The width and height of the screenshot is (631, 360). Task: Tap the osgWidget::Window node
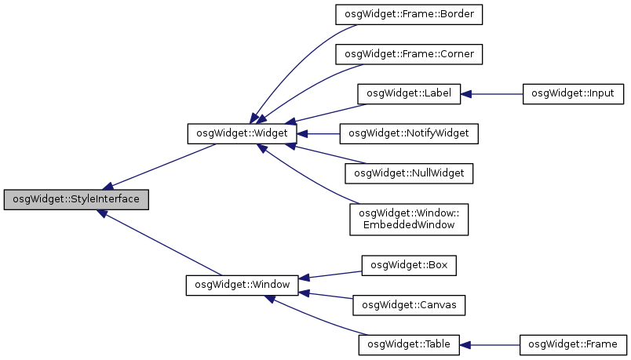pos(242,284)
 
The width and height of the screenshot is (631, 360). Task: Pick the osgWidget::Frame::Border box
pos(408,14)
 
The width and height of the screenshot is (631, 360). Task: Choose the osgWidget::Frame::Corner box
pos(408,54)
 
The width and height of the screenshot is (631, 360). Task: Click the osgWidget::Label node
pos(408,94)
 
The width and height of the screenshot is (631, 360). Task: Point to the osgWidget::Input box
pos(573,94)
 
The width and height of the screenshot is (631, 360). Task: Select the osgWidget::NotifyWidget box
pos(408,134)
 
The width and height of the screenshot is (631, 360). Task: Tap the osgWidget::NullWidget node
pos(408,173)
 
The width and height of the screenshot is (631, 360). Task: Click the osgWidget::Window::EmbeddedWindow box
pos(408,219)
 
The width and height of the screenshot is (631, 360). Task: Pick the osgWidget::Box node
pos(408,264)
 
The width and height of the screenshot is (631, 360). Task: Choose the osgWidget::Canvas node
pos(408,304)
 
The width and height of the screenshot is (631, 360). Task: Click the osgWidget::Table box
pos(408,344)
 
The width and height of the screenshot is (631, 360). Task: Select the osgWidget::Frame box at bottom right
pos(573,344)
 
